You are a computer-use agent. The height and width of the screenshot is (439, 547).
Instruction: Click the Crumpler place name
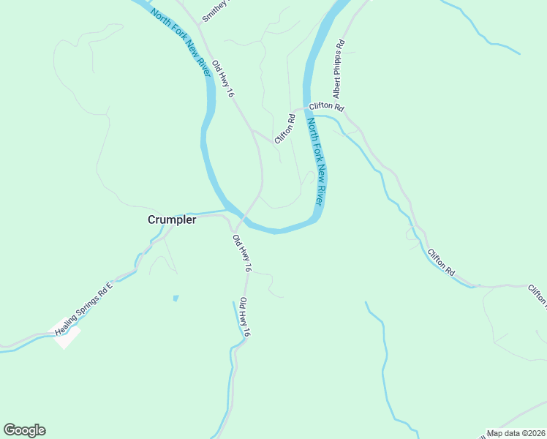pos(172,219)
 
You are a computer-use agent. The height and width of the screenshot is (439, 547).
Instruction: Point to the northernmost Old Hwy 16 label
pos(222,79)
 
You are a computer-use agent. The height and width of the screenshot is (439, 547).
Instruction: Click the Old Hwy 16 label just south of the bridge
pos(242,254)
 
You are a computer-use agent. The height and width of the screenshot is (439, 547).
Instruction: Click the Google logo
pos(24,430)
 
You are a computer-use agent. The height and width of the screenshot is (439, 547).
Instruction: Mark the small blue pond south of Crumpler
pos(176,298)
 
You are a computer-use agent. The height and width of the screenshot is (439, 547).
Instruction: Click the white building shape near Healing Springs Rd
pos(67,337)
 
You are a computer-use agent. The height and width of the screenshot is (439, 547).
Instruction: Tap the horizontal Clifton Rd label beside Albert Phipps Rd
pos(326,107)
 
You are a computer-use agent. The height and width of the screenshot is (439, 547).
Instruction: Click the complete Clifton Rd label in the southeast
pos(441,261)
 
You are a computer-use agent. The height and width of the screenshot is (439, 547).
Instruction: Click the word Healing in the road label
pos(69,322)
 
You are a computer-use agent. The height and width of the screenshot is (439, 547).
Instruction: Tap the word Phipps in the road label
pos(338,70)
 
